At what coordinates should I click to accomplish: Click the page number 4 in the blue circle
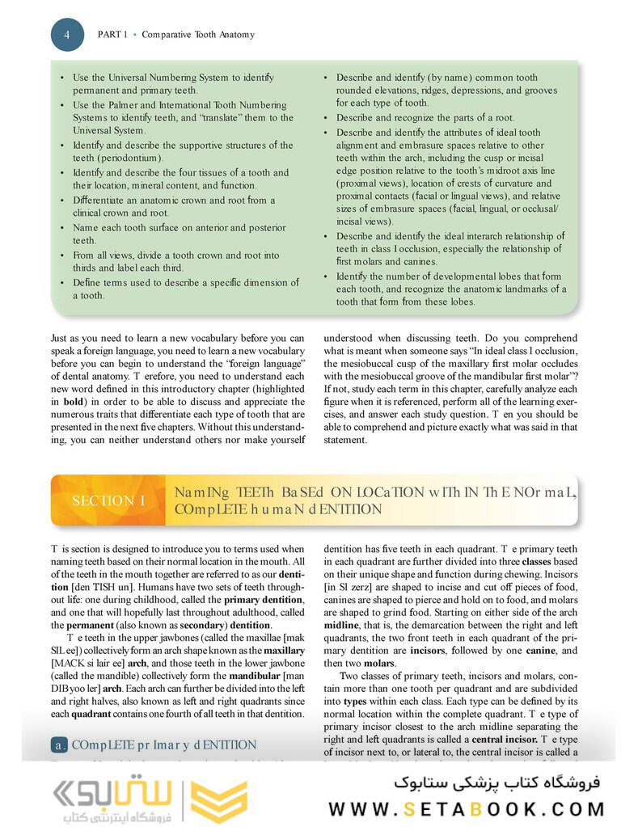click(67, 35)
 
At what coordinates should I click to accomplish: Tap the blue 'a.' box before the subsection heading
click(58, 745)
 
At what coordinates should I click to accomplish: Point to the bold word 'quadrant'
click(91, 714)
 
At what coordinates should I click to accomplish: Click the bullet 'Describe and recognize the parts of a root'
click(436, 117)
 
